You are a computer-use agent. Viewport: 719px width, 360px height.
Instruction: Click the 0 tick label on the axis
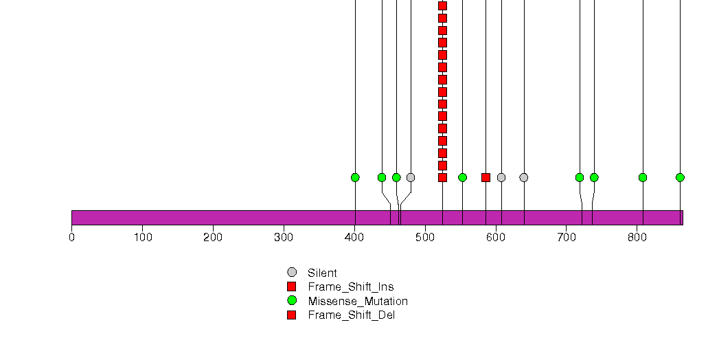tap(71, 237)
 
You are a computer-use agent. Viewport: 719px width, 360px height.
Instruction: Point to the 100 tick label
tap(143, 237)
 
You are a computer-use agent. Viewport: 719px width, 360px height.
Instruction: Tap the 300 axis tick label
tap(284, 237)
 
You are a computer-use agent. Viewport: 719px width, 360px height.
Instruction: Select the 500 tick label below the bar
tap(425, 237)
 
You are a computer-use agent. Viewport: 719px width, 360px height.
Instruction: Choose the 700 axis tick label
tap(567, 237)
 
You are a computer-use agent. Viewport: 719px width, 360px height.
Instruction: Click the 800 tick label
tap(637, 237)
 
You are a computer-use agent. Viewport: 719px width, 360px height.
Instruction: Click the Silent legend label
tap(322, 273)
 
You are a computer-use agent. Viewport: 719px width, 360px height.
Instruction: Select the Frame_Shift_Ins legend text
tap(351, 287)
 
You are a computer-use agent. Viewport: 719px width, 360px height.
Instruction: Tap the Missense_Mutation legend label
tap(358, 302)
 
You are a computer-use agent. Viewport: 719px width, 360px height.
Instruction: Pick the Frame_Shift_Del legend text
tap(351, 315)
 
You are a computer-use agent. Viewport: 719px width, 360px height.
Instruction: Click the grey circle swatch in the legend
tap(292, 273)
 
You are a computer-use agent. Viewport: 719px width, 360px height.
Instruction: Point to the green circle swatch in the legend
tap(292, 300)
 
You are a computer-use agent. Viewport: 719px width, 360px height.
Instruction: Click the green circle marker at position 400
tap(355, 177)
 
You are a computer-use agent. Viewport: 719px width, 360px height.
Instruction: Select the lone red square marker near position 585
tap(486, 177)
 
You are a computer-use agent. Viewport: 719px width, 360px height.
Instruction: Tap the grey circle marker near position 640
tap(524, 177)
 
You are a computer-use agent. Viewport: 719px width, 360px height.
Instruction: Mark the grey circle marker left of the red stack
tap(411, 177)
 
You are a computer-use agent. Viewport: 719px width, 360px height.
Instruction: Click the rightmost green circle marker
tap(680, 177)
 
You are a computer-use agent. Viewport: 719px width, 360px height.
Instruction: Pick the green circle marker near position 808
tap(642, 177)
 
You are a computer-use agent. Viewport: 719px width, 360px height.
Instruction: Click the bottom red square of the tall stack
tap(442, 177)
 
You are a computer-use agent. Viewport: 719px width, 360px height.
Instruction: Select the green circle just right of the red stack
tap(462, 177)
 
